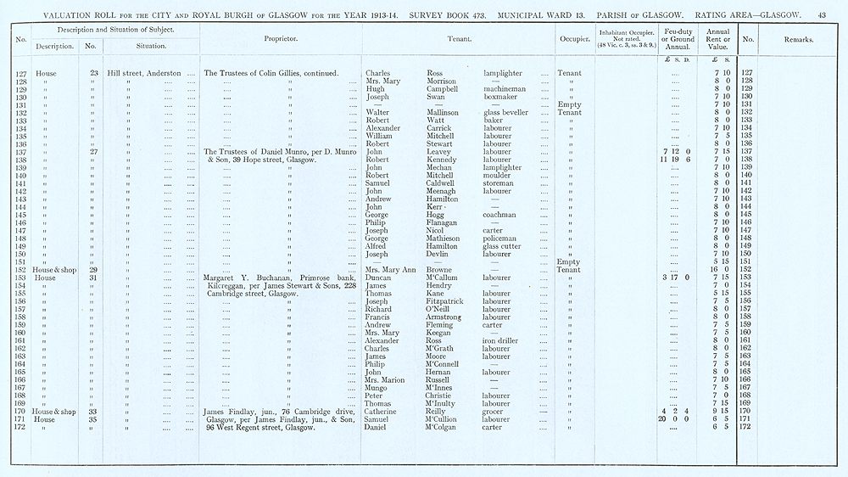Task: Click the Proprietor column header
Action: pos(280,39)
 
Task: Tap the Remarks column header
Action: pos(798,39)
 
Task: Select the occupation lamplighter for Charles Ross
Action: pos(504,74)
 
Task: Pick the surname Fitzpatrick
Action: pos(449,301)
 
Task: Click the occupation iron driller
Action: pos(500,340)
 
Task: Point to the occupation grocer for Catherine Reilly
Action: pos(494,412)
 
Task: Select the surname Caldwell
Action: pos(442,182)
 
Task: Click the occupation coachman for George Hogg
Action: pos(502,215)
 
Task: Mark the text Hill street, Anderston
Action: pos(144,74)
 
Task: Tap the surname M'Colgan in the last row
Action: pos(444,427)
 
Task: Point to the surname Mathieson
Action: pos(444,238)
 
